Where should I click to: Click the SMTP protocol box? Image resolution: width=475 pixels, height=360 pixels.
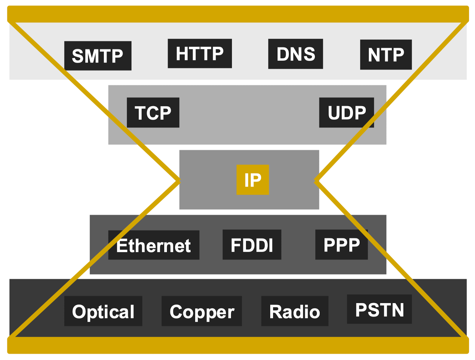98,56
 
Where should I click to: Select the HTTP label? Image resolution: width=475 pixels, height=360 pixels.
200,54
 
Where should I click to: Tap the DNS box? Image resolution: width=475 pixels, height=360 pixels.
296,54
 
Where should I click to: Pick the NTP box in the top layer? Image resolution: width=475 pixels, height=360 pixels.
386,55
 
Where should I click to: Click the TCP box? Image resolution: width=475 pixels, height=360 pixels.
153,113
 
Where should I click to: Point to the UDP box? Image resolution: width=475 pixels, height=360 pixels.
346,113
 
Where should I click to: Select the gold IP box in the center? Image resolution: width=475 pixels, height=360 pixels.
253,180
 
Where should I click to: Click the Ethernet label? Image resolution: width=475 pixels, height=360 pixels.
154,245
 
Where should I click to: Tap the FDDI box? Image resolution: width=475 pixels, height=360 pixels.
252,245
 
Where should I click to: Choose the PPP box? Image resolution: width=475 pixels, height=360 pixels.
342,245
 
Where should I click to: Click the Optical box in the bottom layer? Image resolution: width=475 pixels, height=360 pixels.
103,311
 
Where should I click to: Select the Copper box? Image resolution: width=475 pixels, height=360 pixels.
202,311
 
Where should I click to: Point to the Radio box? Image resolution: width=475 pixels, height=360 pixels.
295,311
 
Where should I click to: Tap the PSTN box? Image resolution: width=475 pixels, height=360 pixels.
379,309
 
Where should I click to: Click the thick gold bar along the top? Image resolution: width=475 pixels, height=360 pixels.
238,14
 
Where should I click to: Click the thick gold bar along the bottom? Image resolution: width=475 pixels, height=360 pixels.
238,345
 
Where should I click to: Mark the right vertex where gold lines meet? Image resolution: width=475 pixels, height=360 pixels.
316,181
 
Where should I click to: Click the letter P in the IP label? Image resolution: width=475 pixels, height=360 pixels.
256,180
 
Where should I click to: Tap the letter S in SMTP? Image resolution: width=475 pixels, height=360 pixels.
78,56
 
